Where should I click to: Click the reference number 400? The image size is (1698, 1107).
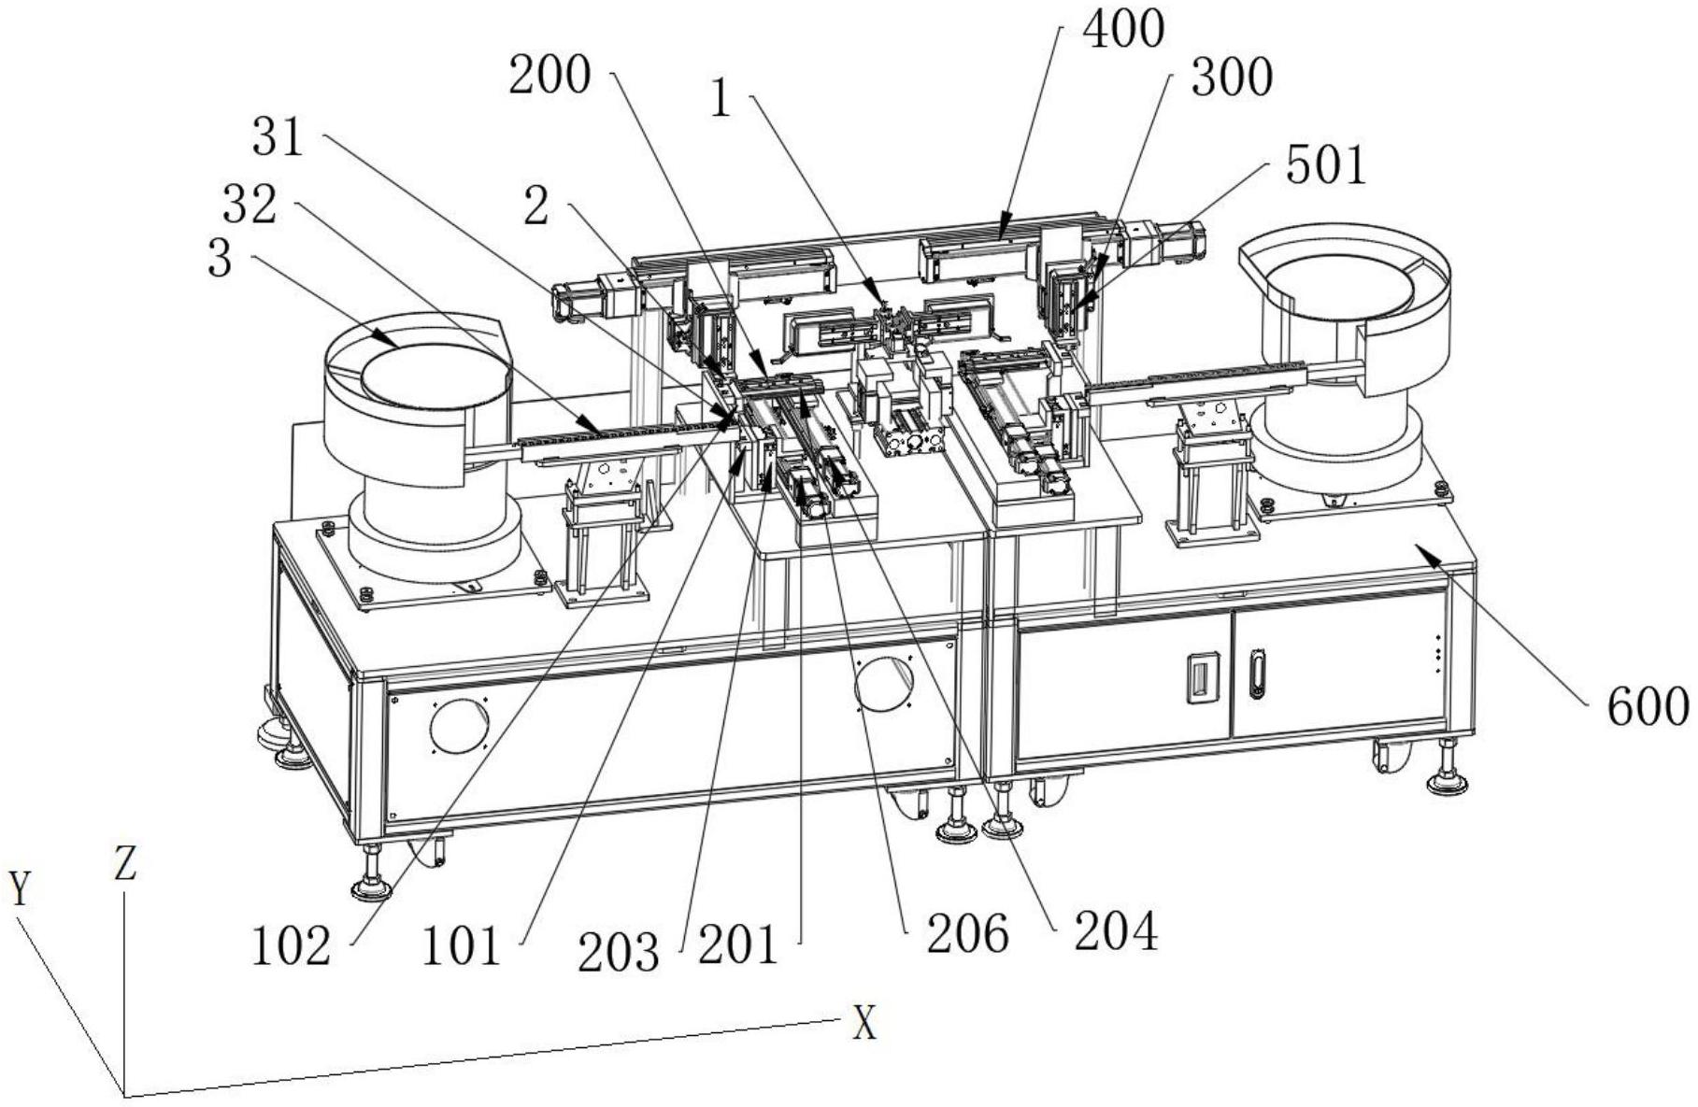click(x=1122, y=30)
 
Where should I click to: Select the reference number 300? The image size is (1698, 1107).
click(x=1232, y=78)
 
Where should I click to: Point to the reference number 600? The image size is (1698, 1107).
click(x=1648, y=707)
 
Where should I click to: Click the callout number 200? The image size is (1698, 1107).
click(x=549, y=76)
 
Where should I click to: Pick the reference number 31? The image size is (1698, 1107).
click(x=278, y=138)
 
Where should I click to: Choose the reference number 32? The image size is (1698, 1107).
click(x=250, y=205)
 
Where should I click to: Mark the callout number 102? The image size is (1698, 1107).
click(x=291, y=947)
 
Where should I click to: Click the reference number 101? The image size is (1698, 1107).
click(x=462, y=947)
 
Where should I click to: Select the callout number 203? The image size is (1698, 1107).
click(x=619, y=954)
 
